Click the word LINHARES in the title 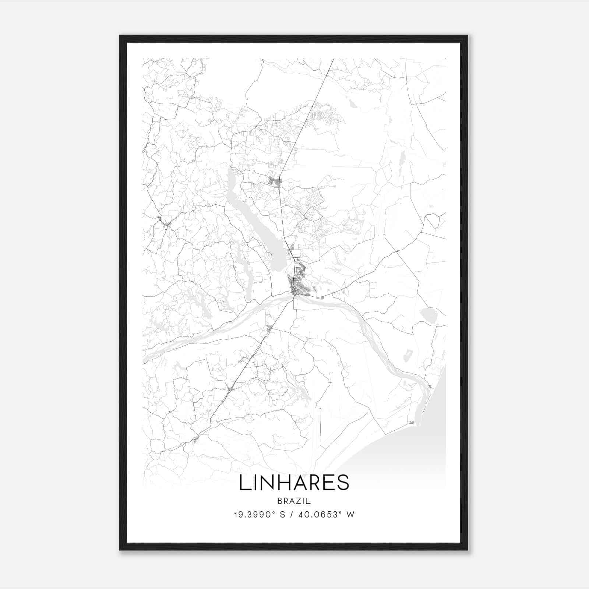click(294, 483)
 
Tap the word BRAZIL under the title click(294, 501)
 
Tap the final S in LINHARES click(343, 483)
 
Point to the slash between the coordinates click(291, 515)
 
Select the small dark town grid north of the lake click(275, 181)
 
